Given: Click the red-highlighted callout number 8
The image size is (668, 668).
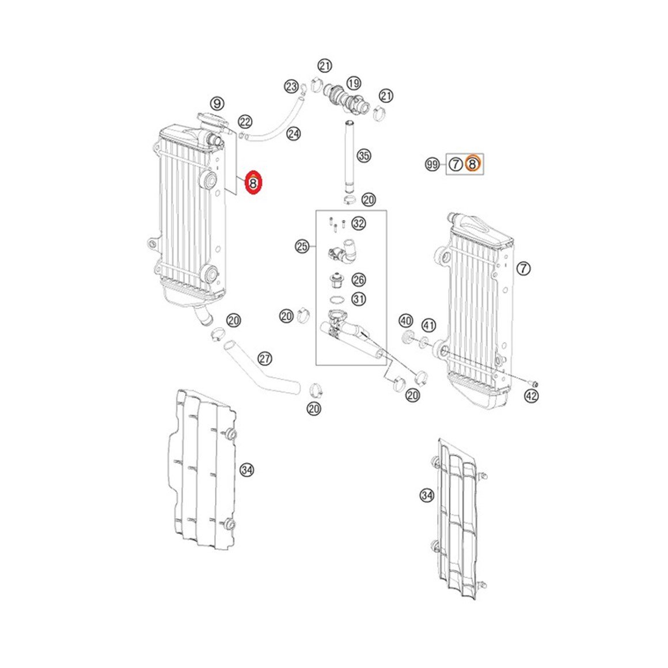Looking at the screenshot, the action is click(253, 183).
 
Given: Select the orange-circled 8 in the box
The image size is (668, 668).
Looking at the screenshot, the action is click(472, 164).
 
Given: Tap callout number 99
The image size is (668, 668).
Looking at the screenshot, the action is click(432, 164).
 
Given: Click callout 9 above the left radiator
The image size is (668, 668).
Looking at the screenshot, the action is click(217, 103).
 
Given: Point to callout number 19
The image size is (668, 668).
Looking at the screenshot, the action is click(354, 83).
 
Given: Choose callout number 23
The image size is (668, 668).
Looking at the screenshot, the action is click(291, 87).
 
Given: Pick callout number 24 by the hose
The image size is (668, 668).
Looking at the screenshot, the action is click(293, 134).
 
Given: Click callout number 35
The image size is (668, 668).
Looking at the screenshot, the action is click(363, 155).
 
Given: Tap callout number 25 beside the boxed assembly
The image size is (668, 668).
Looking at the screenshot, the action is click(302, 246).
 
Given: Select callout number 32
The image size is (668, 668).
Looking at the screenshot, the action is click(359, 223).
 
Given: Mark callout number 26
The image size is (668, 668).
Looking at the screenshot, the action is click(359, 279).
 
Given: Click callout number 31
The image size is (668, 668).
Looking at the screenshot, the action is click(359, 299).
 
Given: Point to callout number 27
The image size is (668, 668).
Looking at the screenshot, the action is click(265, 358).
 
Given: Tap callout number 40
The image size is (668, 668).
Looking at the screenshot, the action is click(405, 321).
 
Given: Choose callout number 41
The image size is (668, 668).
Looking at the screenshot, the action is click(428, 326).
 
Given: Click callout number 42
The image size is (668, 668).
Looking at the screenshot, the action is click(532, 396).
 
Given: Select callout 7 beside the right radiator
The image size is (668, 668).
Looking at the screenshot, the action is click(523, 268).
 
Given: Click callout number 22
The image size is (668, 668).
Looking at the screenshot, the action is click(245, 122).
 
